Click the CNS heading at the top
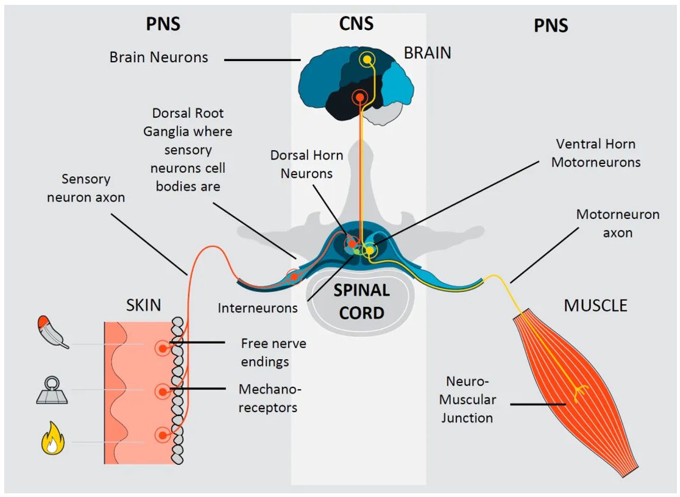[356, 24]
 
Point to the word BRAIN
[428, 53]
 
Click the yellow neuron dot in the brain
[367, 59]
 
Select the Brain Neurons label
[159, 57]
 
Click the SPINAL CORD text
[362, 302]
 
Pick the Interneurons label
[258, 308]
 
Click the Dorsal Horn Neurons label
[306, 165]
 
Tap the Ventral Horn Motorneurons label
[596, 153]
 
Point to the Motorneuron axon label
[618, 223]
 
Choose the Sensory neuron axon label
[86, 188]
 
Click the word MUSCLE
[595, 305]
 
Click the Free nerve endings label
[265, 352]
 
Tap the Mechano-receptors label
[268, 398]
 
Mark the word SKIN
[143, 305]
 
